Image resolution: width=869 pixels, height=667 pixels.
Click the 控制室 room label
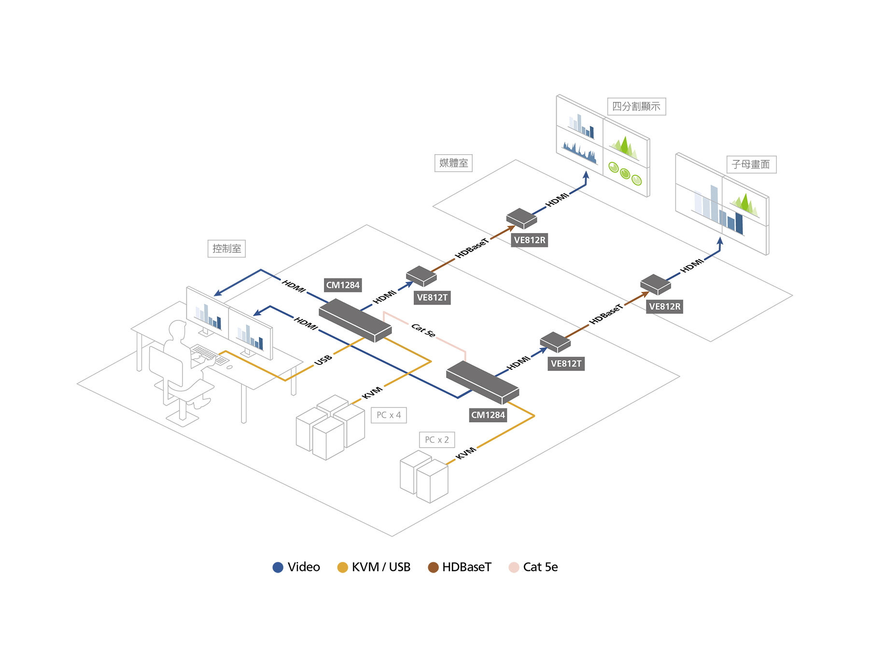click(226, 248)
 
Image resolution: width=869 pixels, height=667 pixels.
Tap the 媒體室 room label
click(453, 163)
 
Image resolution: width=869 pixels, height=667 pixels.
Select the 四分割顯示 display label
click(636, 106)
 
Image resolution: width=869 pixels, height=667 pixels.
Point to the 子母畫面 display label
click(751, 164)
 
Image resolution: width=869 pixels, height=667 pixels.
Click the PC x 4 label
click(389, 415)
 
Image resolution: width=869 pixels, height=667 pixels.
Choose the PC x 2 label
click(437, 440)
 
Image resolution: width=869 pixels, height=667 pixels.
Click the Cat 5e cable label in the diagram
click(423, 330)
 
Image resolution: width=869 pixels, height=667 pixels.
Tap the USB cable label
click(323, 360)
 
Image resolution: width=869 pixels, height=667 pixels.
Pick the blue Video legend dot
click(278, 567)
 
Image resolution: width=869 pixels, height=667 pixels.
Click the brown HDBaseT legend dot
click(433, 567)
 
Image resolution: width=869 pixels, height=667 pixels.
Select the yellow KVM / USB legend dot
click(342, 567)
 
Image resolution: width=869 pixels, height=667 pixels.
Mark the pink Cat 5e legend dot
click(514, 567)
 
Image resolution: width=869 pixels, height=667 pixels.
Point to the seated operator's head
click(178, 331)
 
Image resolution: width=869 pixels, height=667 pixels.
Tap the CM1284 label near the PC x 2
click(488, 415)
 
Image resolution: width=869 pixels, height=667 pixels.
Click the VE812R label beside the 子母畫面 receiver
click(665, 306)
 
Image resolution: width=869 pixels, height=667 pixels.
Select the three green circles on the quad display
click(625, 174)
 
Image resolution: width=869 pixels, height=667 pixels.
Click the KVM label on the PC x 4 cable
click(372, 393)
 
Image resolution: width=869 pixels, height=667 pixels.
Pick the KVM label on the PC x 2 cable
click(466, 453)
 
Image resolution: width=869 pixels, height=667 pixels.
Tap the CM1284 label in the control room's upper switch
click(343, 285)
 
